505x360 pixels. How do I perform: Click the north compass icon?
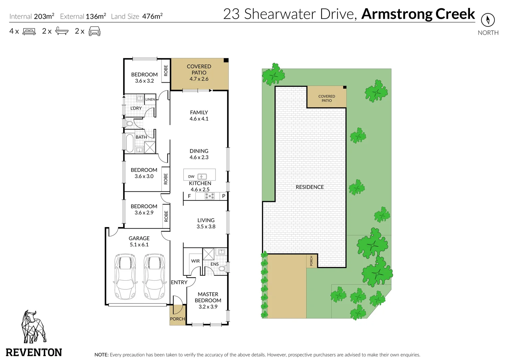pyautogui.click(x=488, y=20)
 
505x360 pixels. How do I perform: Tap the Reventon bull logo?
pyautogui.click(x=33, y=327)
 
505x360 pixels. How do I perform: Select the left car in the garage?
pyautogui.click(x=125, y=276)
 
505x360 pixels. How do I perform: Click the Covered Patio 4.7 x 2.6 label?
pyautogui.click(x=199, y=73)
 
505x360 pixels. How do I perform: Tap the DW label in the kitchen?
pyautogui.click(x=191, y=177)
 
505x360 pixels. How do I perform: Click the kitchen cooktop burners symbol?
pyautogui.click(x=209, y=196)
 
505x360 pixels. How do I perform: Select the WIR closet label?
pyautogui.click(x=195, y=261)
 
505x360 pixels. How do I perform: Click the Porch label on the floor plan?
pyautogui.click(x=177, y=319)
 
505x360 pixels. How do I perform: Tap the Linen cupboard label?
pyautogui.click(x=150, y=99)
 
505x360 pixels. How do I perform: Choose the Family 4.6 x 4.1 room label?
pyautogui.click(x=199, y=115)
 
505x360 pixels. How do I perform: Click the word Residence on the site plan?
pyautogui.click(x=310, y=187)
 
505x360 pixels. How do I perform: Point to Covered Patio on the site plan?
pyautogui.click(x=327, y=98)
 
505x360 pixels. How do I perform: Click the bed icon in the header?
pyautogui.click(x=29, y=32)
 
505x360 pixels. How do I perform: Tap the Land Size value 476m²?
pyautogui.click(x=152, y=16)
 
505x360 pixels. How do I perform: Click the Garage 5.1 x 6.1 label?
pyautogui.click(x=139, y=241)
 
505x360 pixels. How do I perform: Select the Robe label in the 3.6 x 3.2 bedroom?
pyautogui.click(x=166, y=70)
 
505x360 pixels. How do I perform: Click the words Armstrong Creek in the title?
pyautogui.click(x=418, y=14)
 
